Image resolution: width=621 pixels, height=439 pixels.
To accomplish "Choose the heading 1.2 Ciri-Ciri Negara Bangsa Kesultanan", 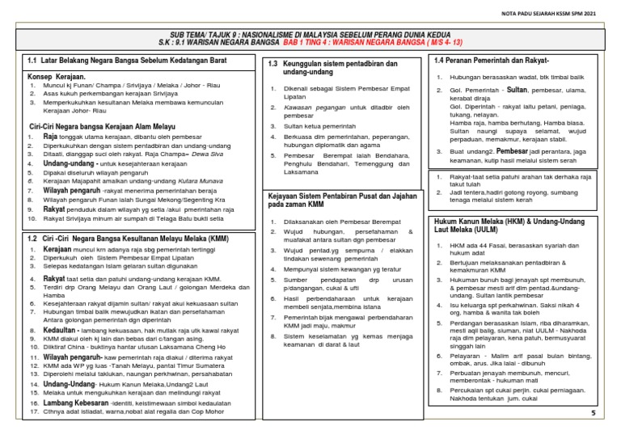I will [116, 238].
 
